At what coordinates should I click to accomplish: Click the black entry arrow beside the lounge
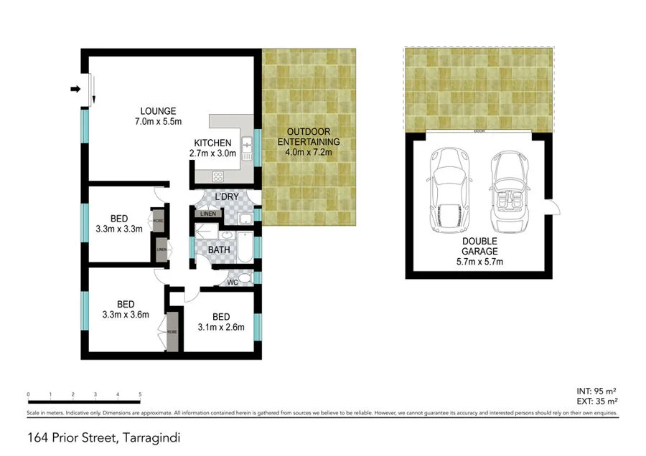pyautogui.click(x=75, y=89)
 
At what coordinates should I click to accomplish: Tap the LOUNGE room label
pyautogui.click(x=158, y=111)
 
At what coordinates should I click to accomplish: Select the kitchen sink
pyautogui.click(x=245, y=148)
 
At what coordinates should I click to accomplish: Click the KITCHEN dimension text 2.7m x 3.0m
pyautogui.click(x=212, y=153)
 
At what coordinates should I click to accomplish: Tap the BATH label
pyautogui.click(x=218, y=250)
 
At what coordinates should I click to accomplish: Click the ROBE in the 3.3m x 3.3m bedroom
pyautogui.click(x=157, y=221)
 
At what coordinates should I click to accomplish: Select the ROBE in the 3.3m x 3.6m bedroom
pyautogui.click(x=172, y=333)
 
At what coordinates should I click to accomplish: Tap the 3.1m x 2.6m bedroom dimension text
pyautogui.click(x=222, y=328)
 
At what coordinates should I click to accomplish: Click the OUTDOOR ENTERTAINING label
pyautogui.click(x=309, y=137)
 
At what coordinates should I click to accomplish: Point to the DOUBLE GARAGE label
pyautogui.click(x=480, y=247)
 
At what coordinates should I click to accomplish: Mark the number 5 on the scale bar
pyautogui.click(x=140, y=395)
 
